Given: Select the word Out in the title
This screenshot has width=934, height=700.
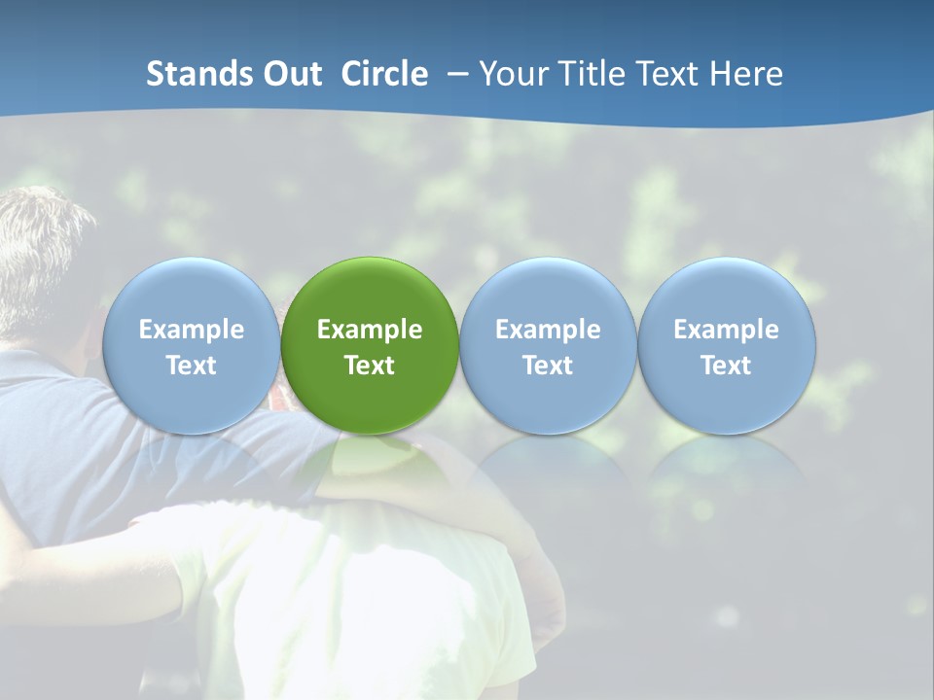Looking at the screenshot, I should click(293, 74).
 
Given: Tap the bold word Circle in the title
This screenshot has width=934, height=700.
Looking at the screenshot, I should click(383, 74).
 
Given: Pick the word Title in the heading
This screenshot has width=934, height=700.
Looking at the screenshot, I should click(588, 74).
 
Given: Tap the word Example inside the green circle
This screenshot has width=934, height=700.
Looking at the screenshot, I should click(370, 330).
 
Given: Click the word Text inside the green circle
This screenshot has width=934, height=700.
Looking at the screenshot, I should click(370, 366).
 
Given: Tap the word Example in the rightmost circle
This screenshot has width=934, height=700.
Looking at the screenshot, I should click(727, 330).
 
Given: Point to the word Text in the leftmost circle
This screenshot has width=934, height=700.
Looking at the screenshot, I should click(191, 366).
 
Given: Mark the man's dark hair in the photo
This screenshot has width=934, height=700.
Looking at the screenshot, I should click(39, 243).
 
